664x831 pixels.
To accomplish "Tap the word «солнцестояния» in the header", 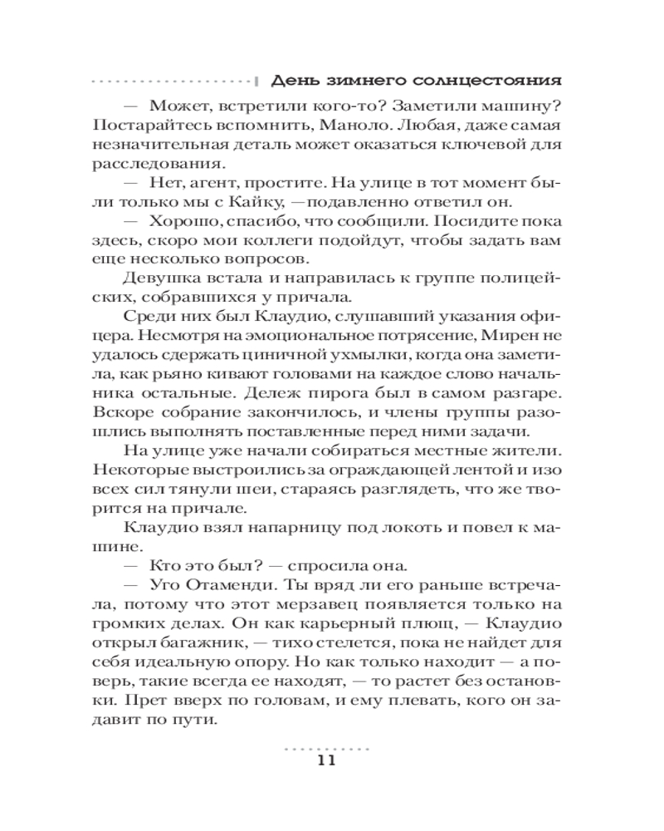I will pos(487,81).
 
